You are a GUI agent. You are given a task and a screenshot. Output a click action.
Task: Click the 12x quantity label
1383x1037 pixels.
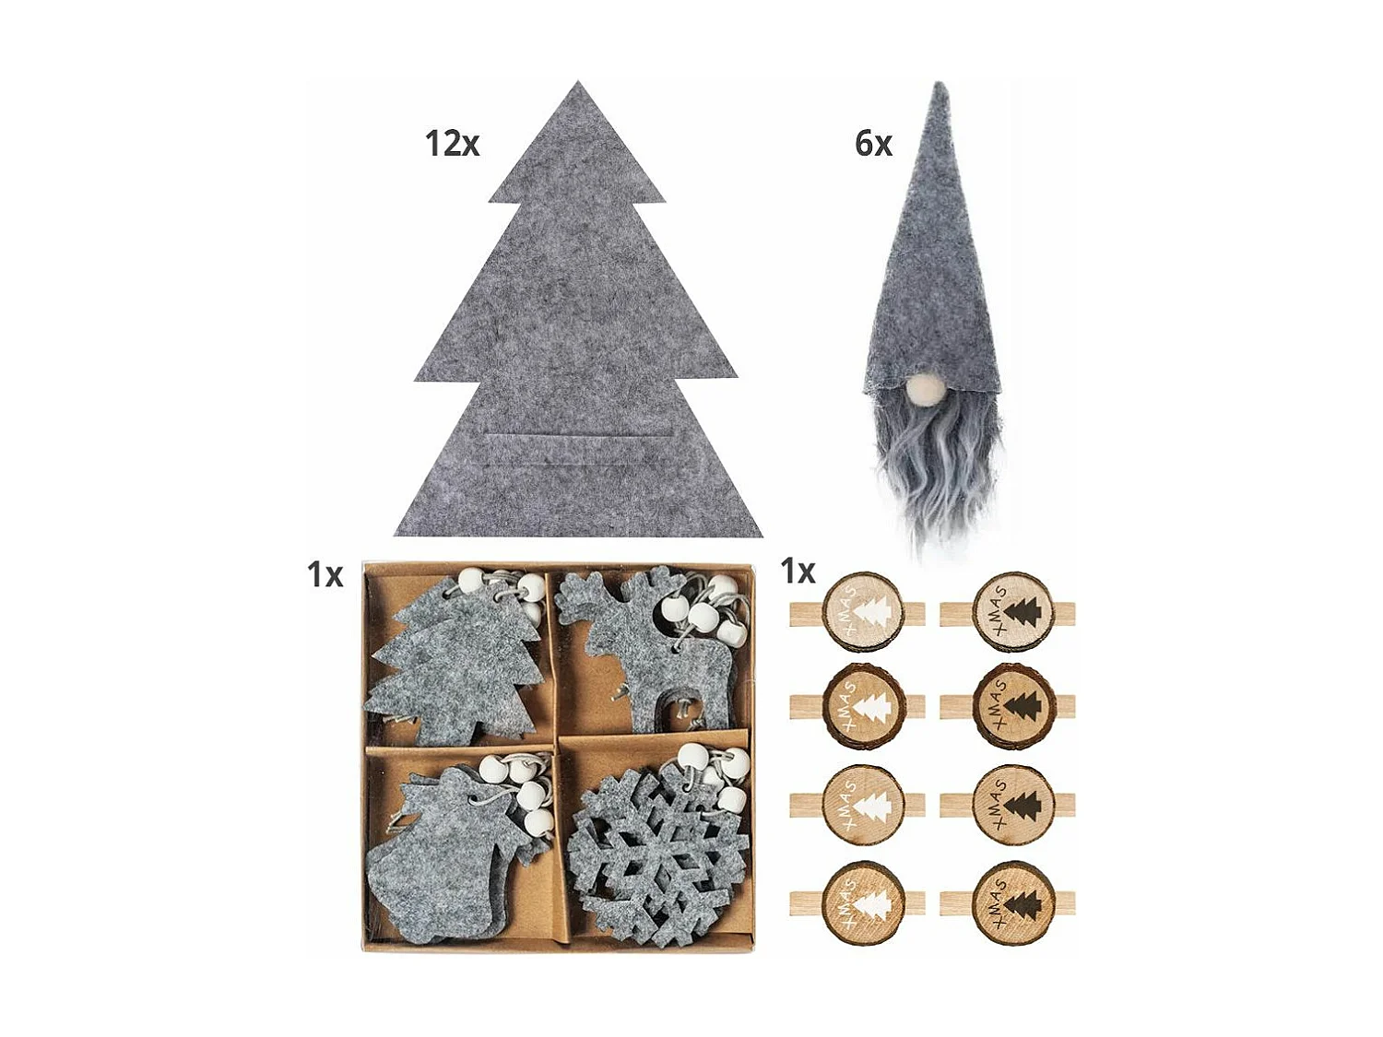[x=452, y=144]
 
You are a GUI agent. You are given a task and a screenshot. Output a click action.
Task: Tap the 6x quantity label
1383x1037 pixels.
[x=873, y=144]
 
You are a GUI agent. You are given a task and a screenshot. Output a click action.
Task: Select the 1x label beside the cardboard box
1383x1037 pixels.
[x=325, y=574]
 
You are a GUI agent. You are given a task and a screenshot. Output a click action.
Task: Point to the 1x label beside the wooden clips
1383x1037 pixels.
[x=798, y=572]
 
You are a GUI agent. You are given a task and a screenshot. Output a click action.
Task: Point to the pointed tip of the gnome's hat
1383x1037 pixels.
[x=940, y=88]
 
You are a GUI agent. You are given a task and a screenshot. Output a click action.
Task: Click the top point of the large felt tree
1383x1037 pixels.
[x=578, y=86]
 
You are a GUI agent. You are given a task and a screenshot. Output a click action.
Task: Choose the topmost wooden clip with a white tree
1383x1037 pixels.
[x=857, y=612]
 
